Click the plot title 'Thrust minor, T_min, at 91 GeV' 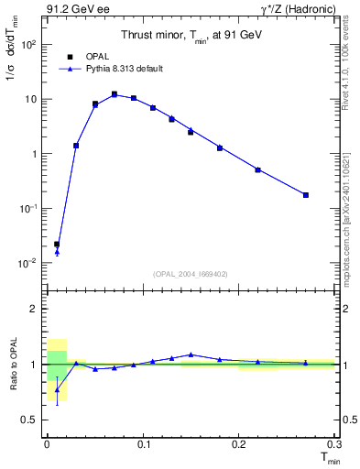(190, 36)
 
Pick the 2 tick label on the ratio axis (34, 309)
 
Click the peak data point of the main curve (115, 94)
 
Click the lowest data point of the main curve (57, 245)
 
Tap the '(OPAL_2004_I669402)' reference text (190, 273)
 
